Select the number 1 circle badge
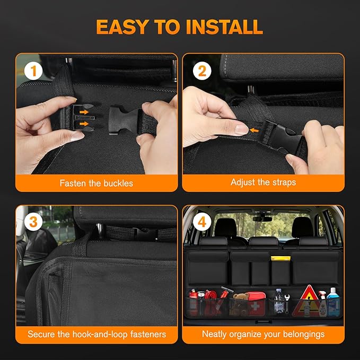pos(33,71)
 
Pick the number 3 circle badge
pos(33,222)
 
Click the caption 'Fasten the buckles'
pos(96,183)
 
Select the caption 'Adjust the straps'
pos(263,182)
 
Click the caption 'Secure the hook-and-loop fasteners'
pos(96,335)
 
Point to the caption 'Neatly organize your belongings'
pos(263,335)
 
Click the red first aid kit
pos(257,304)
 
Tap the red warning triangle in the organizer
pos(309,300)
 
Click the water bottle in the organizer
pos(279,302)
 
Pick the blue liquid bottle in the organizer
pos(332,302)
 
